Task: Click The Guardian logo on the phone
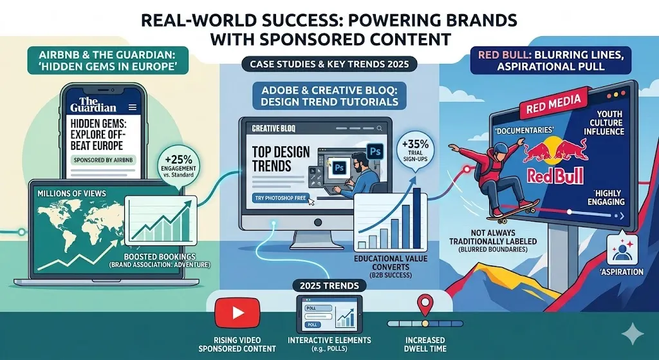coord(93,105)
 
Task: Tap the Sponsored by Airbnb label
coord(103,160)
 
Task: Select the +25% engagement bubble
coord(179,166)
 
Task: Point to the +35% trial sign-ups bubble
coord(415,151)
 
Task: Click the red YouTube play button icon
coord(237,312)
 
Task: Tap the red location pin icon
coord(426,305)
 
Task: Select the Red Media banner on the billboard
coord(553,104)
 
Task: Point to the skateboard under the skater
coord(513,211)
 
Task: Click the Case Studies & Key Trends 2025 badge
coord(329,64)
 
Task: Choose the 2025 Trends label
coord(329,286)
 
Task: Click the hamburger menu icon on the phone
coord(133,108)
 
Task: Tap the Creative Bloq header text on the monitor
coord(274,129)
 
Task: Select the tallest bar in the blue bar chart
coord(417,218)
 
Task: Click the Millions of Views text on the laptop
coord(71,193)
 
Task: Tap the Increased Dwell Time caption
coord(425,344)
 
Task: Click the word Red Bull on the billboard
coord(555,175)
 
